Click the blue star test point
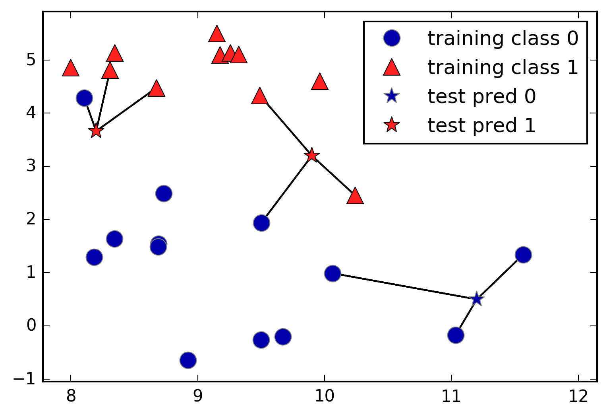476,299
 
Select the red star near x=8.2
96,131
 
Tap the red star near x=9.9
312,155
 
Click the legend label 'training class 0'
503,38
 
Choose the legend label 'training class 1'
503,67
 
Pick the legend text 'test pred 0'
481,96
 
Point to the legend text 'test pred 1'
481,125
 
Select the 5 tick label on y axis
31,60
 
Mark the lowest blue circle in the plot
188,360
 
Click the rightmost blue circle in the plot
523,255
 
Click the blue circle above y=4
84,98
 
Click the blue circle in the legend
392,38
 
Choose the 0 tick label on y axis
31,326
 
